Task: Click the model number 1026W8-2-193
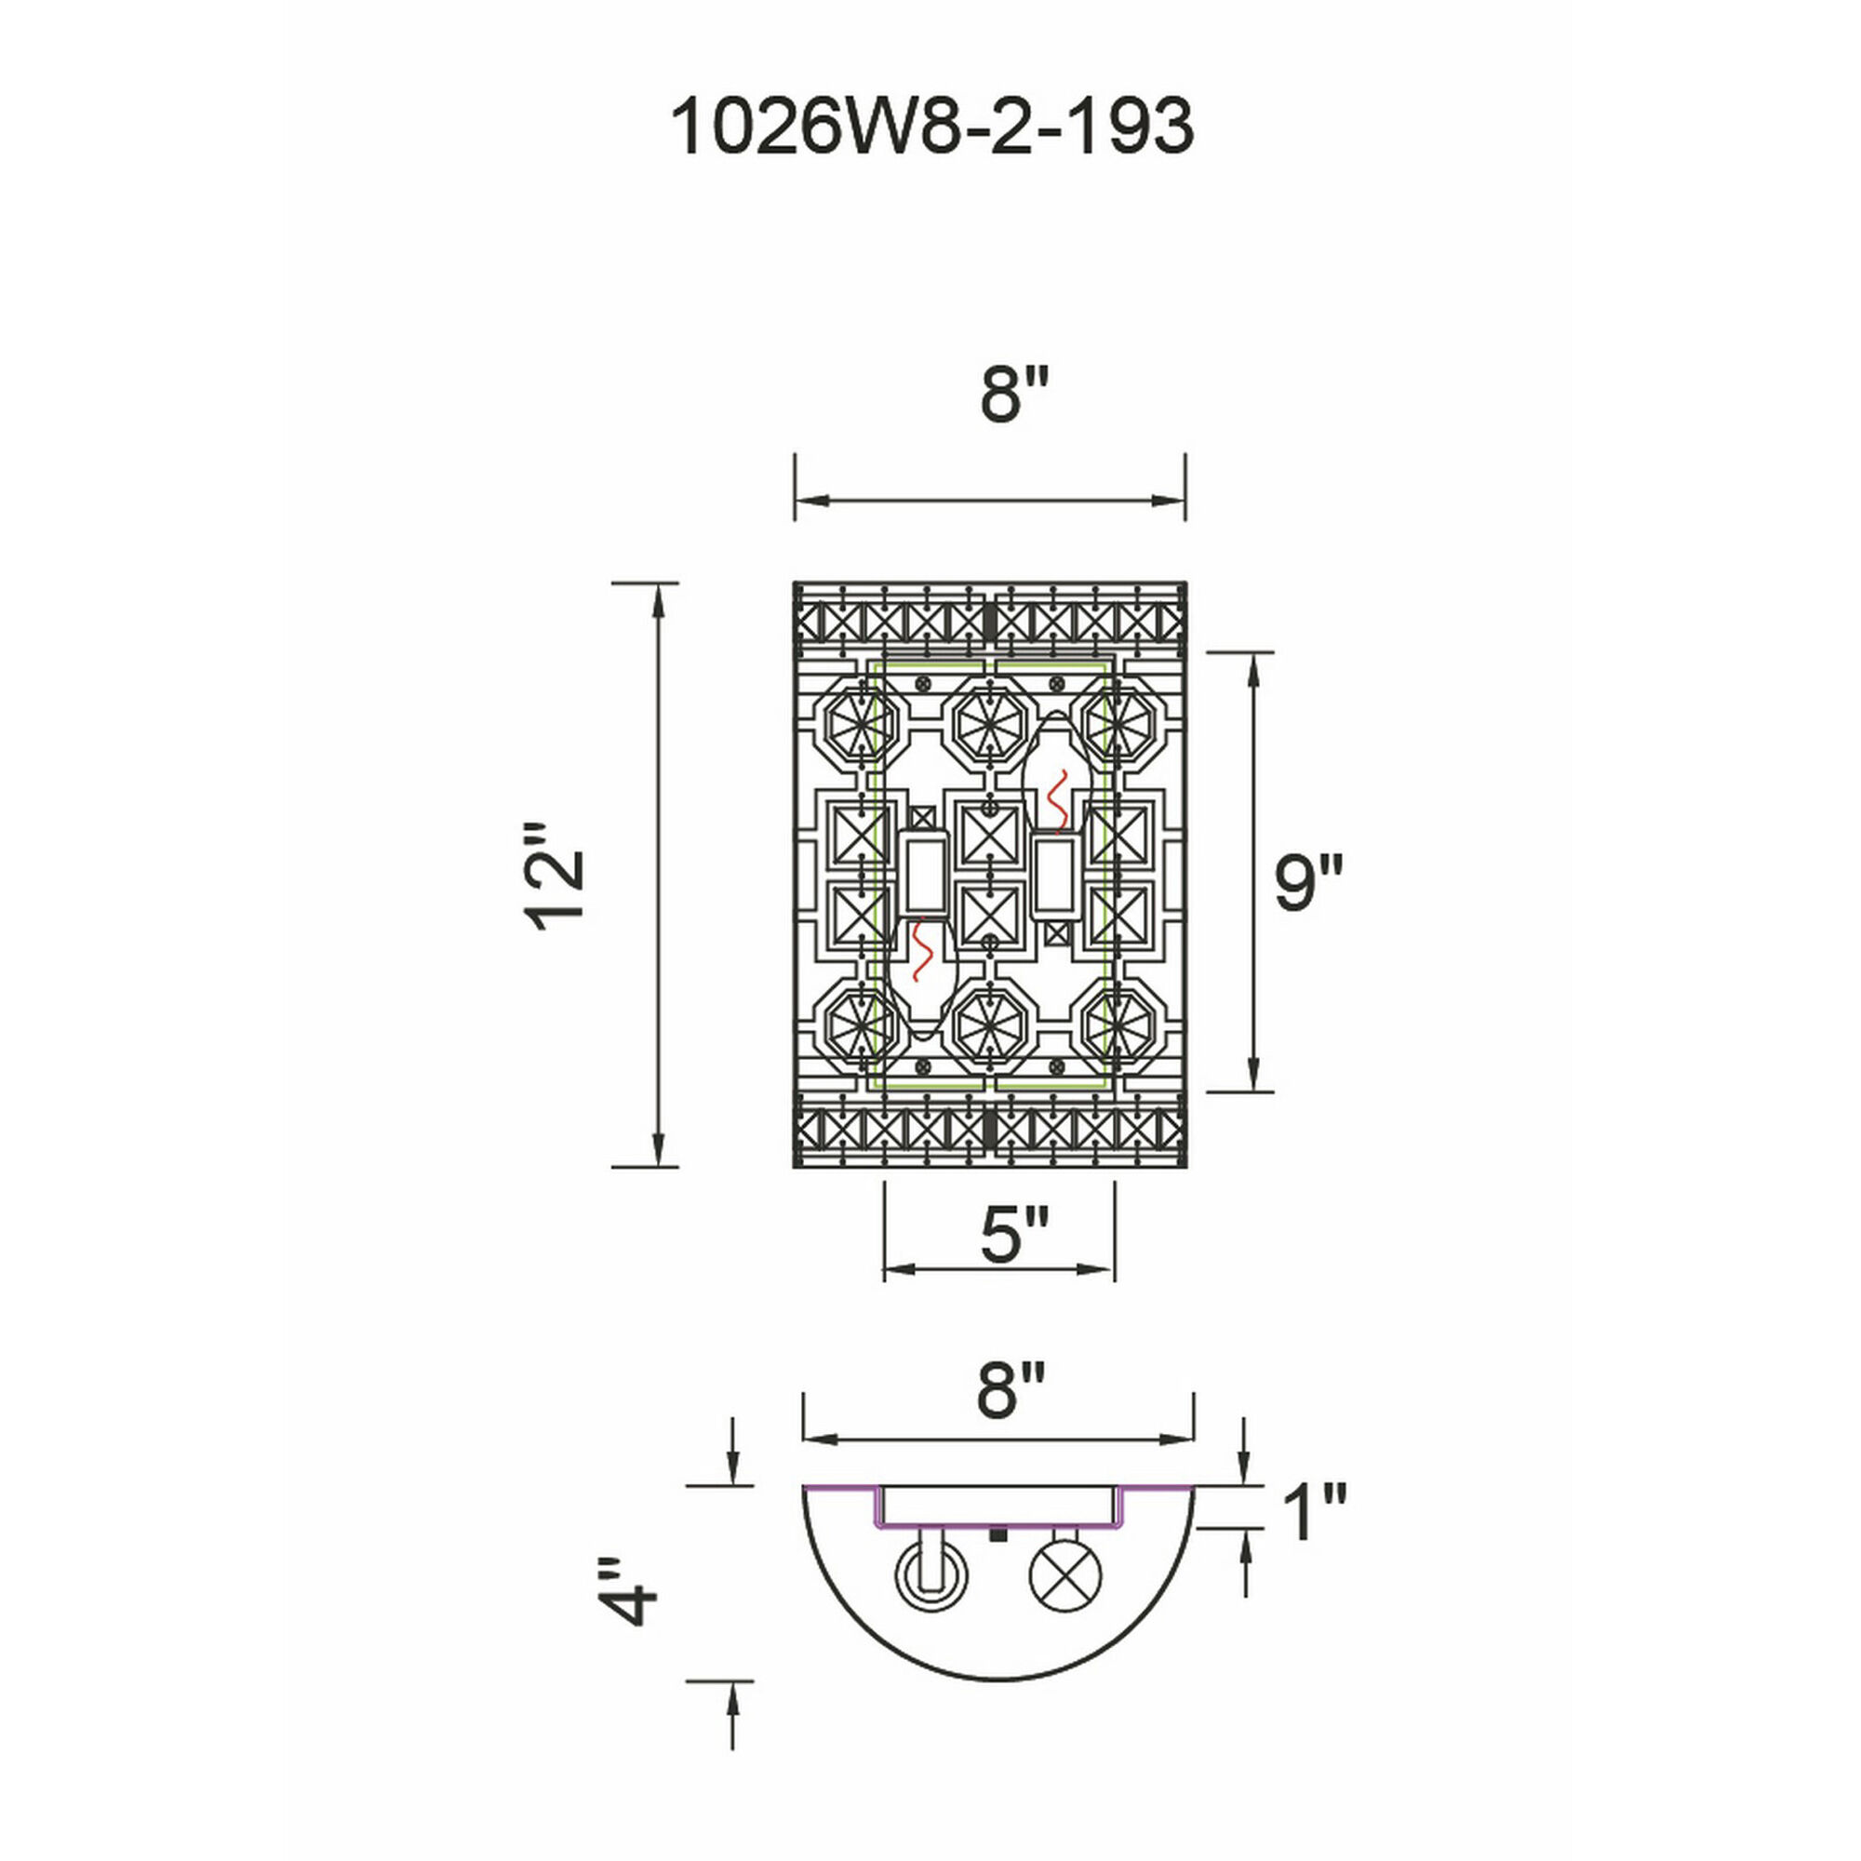930,127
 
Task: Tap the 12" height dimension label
556,876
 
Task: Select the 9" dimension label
1307,883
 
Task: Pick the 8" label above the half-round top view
1010,1391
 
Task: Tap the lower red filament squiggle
922,949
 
